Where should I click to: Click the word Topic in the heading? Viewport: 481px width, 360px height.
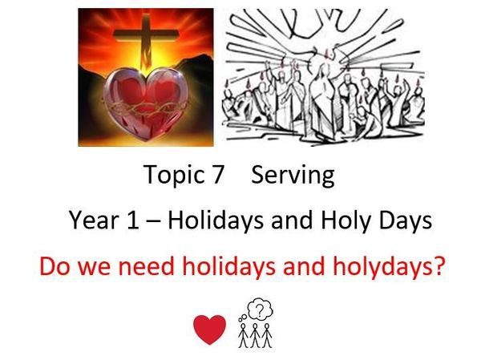174,176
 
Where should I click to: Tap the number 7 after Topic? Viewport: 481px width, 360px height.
217,174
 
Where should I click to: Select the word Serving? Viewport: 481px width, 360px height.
293,176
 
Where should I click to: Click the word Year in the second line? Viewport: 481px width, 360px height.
94,220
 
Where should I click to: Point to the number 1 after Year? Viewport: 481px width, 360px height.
132,220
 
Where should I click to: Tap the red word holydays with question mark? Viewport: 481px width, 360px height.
389,266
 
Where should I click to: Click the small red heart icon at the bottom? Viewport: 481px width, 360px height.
209,329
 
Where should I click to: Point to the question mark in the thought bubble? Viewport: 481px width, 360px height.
260,309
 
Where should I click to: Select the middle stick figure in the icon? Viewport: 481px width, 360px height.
255,335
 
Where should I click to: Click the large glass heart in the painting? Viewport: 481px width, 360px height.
145,103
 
